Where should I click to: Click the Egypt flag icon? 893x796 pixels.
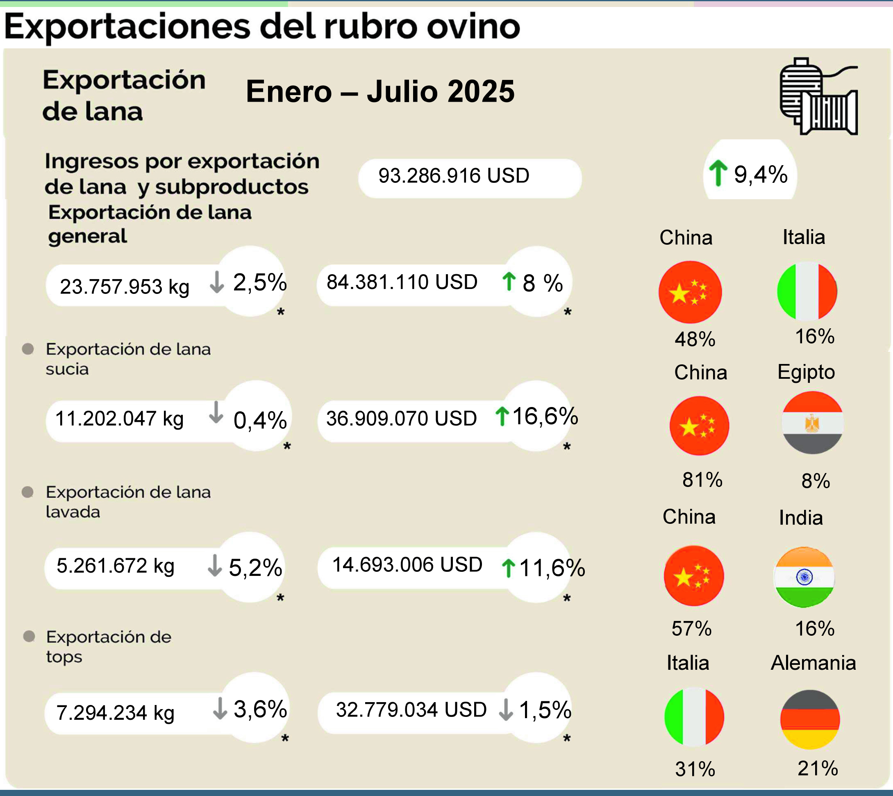(x=812, y=423)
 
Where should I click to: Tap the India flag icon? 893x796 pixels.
(x=804, y=577)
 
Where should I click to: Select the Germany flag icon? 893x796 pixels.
(x=810, y=719)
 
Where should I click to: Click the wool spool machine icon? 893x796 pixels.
(x=819, y=96)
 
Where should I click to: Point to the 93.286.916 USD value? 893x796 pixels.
(x=454, y=176)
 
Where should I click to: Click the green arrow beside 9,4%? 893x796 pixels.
(x=718, y=173)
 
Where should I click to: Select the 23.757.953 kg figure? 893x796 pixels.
(x=124, y=287)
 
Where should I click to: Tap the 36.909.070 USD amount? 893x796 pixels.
(x=401, y=418)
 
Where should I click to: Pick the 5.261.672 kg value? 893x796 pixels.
(x=116, y=566)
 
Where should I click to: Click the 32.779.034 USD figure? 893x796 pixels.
(x=411, y=710)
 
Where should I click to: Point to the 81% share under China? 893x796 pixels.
(x=702, y=480)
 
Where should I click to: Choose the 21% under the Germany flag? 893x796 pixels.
(x=817, y=768)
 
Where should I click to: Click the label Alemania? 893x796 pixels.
(x=813, y=663)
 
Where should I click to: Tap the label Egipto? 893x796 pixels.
(x=806, y=372)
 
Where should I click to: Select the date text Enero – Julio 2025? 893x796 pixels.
(x=380, y=91)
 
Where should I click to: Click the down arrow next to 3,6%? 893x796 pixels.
(x=220, y=709)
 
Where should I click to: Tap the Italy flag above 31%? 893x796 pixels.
(x=694, y=717)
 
